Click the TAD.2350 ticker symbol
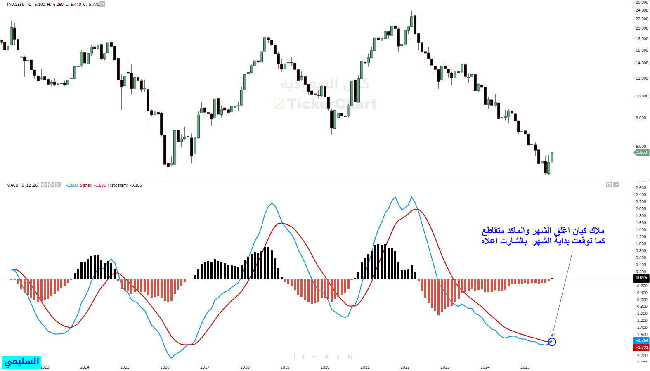(15, 5)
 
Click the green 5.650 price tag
(641, 152)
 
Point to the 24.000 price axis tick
(641, 10)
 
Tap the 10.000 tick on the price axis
(641, 96)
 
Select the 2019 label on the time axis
(285, 367)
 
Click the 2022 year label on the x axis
(405, 367)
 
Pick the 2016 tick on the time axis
(165, 367)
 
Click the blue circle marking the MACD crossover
(552, 342)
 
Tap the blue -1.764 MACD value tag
(641, 340)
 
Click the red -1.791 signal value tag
(641, 347)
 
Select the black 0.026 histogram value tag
(641, 278)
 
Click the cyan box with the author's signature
(21, 362)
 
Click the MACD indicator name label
(12, 185)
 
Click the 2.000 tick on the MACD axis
(641, 209)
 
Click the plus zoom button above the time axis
(326, 357)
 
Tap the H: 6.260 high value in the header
(56, 5)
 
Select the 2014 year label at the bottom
(85, 367)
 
